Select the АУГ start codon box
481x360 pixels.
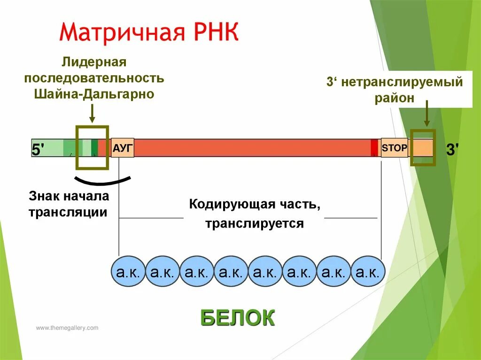click(123, 148)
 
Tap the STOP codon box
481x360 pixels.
click(394, 148)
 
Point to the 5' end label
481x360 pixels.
click(38, 150)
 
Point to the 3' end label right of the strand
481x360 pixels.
click(453, 150)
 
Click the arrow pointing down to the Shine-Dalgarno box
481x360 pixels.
click(92, 114)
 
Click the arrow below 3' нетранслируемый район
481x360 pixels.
click(427, 115)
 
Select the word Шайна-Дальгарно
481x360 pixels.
click(94, 94)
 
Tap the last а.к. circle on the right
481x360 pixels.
click(368, 271)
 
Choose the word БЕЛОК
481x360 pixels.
click(237, 318)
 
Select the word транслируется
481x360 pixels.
click(254, 223)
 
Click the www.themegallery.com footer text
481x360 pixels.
click(67, 328)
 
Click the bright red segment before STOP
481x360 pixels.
click(374, 147)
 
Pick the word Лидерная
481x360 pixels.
click(94, 62)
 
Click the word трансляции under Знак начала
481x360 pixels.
click(68, 212)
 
